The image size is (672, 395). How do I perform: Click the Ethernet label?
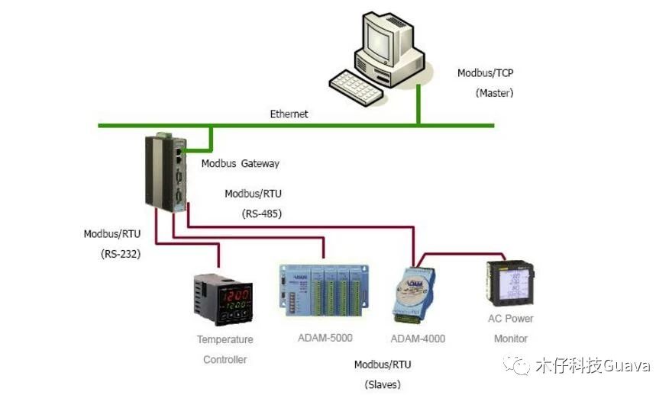pos(289,114)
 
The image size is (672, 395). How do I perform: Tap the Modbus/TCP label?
pos(485,73)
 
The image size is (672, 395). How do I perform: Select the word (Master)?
pos(494,93)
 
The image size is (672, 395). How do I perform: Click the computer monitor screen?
pos(386,38)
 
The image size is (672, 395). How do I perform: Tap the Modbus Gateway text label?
pos(240,163)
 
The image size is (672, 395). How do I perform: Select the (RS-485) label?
pos(262,214)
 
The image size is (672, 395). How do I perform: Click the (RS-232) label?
pos(121,254)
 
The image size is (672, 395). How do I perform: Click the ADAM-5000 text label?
pos(325,338)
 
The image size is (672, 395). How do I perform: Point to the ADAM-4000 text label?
pos(418,339)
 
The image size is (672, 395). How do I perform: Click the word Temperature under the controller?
pos(225,339)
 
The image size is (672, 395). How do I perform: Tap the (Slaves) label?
pos(383,384)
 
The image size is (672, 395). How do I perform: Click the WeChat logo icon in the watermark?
pos(521,366)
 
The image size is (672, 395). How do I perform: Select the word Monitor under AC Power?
pos(511,339)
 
